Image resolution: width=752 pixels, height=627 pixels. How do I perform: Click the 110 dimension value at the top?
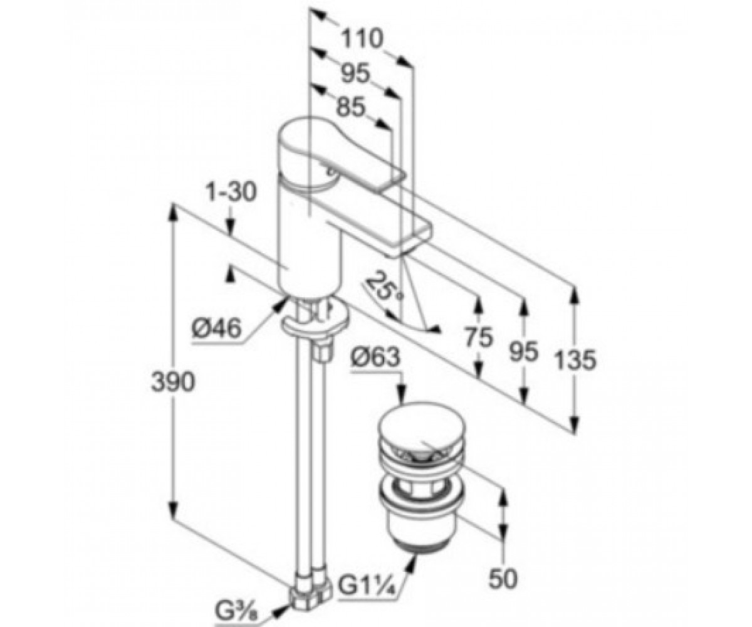pos(361,38)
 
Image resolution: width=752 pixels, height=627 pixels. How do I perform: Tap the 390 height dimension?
pos(173,382)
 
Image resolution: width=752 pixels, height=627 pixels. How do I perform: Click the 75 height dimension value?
pos(478,338)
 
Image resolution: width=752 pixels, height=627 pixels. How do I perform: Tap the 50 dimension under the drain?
pos(503,578)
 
